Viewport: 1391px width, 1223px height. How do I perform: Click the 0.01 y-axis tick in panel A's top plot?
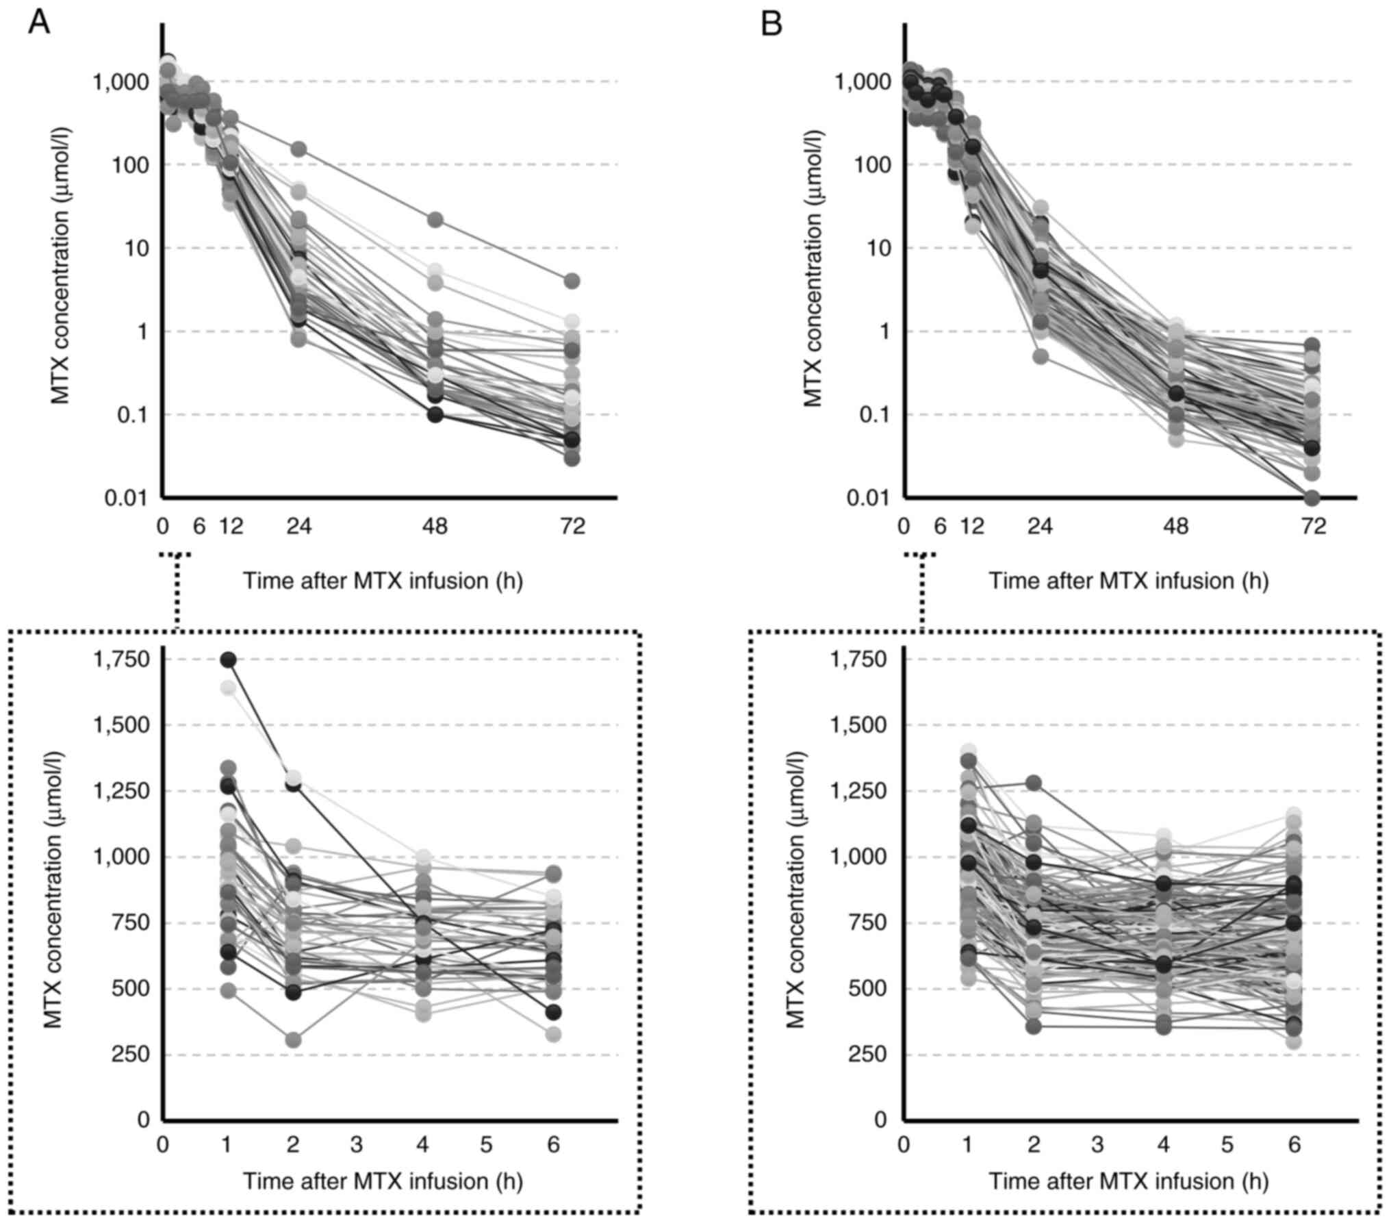click(x=127, y=498)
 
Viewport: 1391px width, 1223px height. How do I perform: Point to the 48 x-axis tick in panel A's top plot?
click(x=435, y=527)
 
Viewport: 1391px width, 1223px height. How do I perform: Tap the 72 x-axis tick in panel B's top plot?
click(x=1312, y=527)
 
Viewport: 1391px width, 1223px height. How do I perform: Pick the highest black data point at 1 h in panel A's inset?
click(x=228, y=659)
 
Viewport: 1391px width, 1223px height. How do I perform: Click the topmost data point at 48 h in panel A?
click(x=435, y=220)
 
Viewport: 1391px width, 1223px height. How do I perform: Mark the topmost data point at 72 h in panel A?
click(x=572, y=281)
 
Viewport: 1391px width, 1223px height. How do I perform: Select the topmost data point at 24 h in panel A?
click(x=298, y=149)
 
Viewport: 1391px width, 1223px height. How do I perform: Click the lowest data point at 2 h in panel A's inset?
click(x=293, y=1040)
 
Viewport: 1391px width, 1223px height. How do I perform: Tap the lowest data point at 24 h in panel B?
click(x=1041, y=357)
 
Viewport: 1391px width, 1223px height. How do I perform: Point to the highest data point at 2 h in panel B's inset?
click(x=1034, y=783)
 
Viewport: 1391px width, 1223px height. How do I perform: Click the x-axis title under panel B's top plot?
click(x=1128, y=581)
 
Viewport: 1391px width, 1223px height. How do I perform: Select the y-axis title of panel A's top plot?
click(x=62, y=266)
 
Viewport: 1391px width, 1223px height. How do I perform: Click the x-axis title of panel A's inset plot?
click(x=383, y=1181)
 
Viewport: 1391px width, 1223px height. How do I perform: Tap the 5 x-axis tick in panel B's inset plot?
click(x=1227, y=1145)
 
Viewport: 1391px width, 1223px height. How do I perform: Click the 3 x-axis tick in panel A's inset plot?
click(x=357, y=1145)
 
